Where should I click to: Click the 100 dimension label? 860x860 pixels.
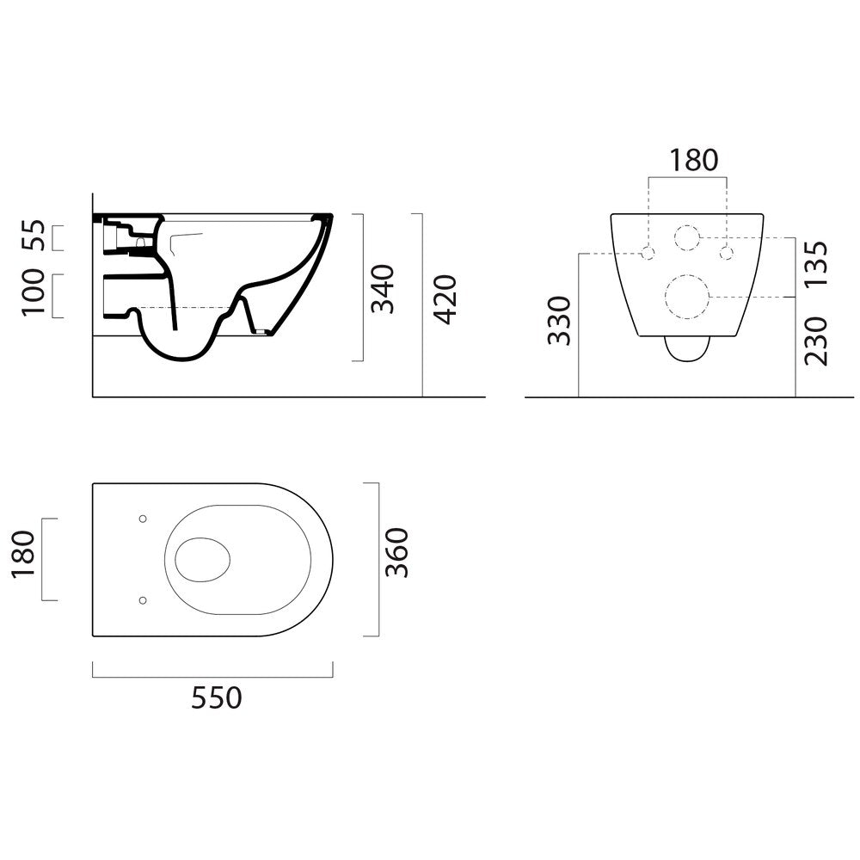[34, 292]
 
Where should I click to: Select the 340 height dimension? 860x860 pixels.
[383, 289]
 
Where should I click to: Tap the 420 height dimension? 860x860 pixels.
[445, 300]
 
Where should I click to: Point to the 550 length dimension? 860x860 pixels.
[216, 698]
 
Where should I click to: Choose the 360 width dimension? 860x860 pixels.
[397, 553]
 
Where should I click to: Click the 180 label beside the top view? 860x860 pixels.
[23, 554]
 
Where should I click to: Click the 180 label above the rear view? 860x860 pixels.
[693, 160]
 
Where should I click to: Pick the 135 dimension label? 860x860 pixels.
[815, 264]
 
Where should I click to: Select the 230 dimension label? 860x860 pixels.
[815, 341]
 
